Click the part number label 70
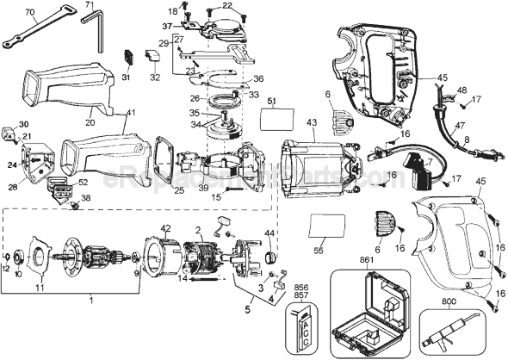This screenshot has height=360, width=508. [30, 12]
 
